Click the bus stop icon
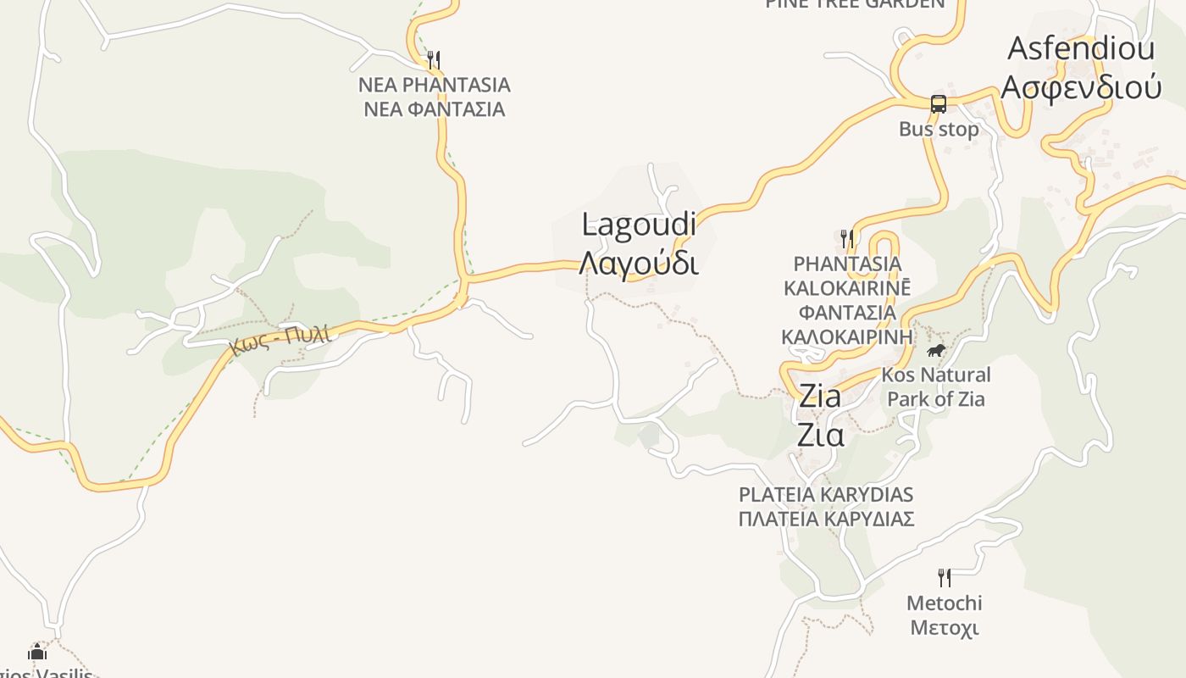pyautogui.click(x=939, y=104)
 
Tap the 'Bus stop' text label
pyautogui.click(x=939, y=130)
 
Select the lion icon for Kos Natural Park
pyautogui.click(x=935, y=350)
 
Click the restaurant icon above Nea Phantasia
pyautogui.click(x=434, y=59)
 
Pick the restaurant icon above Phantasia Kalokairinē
pyautogui.click(x=847, y=238)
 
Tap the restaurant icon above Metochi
pyautogui.click(x=945, y=578)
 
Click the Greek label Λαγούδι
pyautogui.click(x=639, y=264)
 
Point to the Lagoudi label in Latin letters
pyautogui.click(x=639, y=225)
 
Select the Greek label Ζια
pyautogui.click(x=820, y=435)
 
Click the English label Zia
pyautogui.click(x=820, y=397)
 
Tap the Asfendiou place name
pyautogui.click(x=1080, y=48)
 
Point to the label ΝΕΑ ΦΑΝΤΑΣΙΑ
pyautogui.click(x=434, y=109)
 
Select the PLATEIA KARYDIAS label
pyautogui.click(x=826, y=494)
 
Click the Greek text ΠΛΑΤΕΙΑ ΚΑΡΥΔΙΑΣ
pyautogui.click(x=826, y=519)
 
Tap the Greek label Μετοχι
pyautogui.click(x=945, y=628)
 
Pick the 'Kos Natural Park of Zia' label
pyautogui.click(x=935, y=386)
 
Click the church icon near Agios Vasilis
pyautogui.click(x=37, y=652)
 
